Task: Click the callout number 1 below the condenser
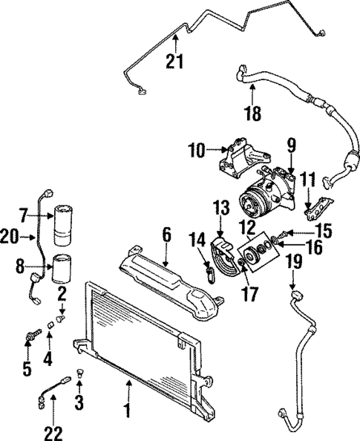click(x=128, y=410)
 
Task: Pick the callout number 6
click(x=167, y=235)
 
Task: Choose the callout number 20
click(x=8, y=235)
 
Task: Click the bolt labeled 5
click(x=32, y=338)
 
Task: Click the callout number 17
click(x=250, y=293)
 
